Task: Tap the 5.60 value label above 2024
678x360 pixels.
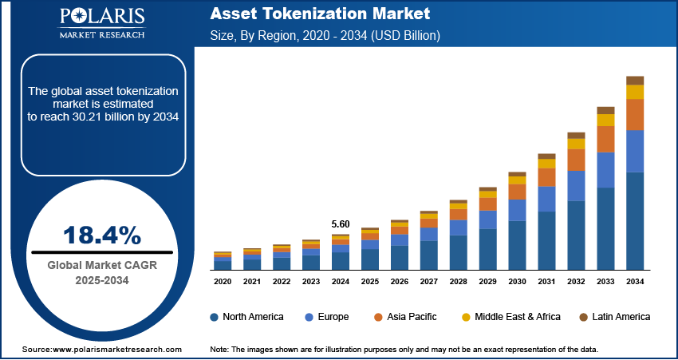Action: (x=341, y=224)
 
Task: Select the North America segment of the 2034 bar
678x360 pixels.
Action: (x=635, y=220)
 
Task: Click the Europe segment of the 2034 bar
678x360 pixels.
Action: (x=635, y=151)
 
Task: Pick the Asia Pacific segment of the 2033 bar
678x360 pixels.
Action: (x=606, y=139)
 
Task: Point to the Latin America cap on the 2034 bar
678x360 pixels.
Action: (x=635, y=80)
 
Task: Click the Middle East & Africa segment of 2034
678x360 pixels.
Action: (x=635, y=92)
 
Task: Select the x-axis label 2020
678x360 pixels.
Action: (x=223, y=282)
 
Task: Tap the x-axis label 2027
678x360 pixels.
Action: (x=429, y=282)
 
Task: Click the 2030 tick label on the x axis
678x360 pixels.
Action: (x=518, y=282)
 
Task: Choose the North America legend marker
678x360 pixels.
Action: (x=214, y=317)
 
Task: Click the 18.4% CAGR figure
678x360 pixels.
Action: (x=101, y=235)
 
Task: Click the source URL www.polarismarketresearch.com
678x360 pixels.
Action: (x=117, y=350)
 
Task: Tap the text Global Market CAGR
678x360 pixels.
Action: (x=101, y=266)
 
